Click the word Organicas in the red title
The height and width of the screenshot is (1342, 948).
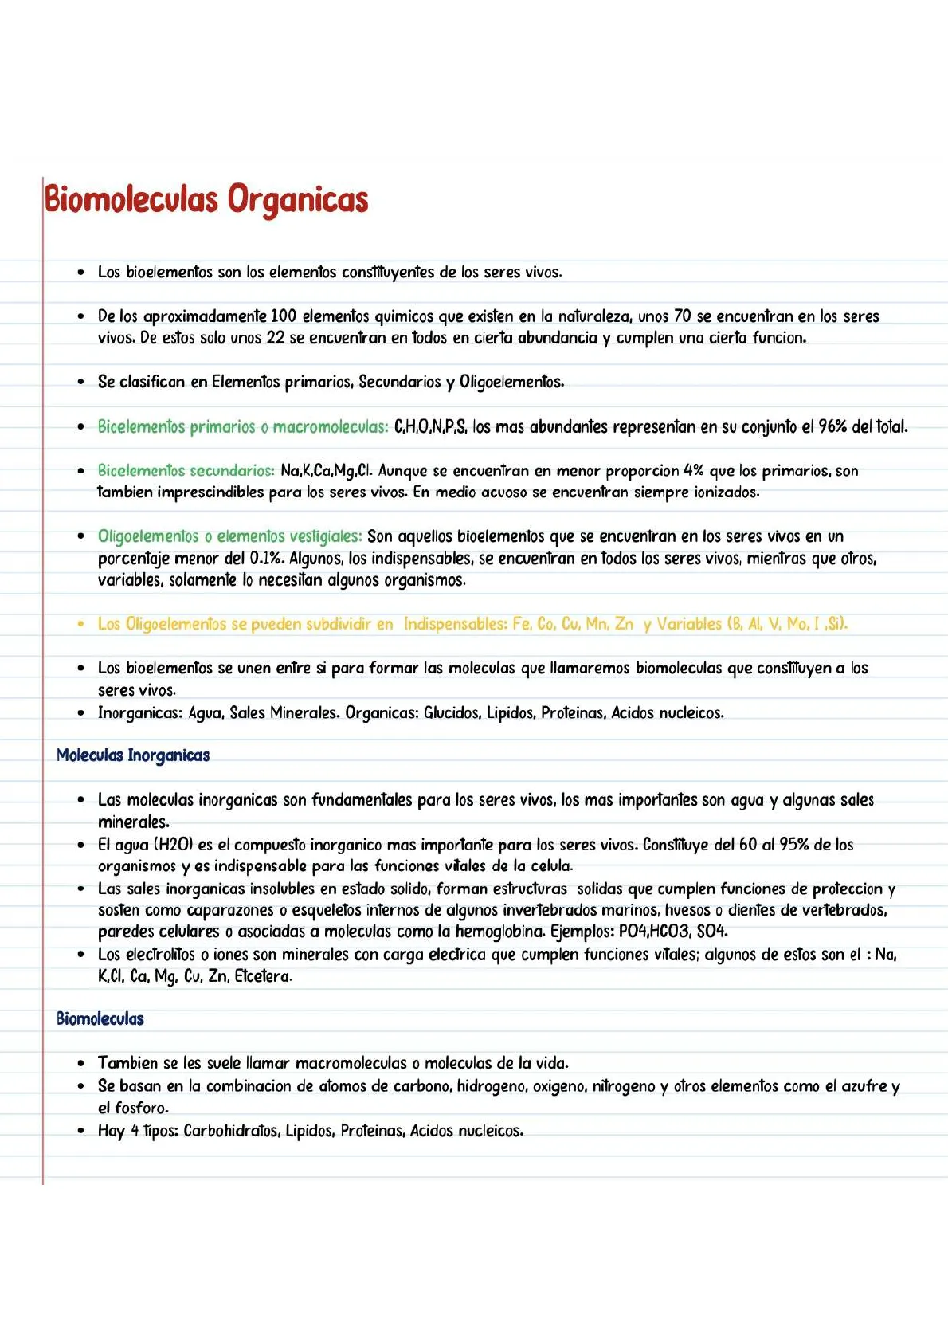pyautogui.click(x=298, y=199)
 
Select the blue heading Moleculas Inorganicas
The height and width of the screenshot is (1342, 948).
pyautogui.click(x=133, y=755)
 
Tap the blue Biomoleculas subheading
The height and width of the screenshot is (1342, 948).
pyautogui.click(x=100, y=1018)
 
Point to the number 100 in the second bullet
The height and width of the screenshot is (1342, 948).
pyautogui.click(x=284, y=316)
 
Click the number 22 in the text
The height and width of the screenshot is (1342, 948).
pyautogui.click(x=275, y=338)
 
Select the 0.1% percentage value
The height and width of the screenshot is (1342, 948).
pyautogui.click(x=267, y=559)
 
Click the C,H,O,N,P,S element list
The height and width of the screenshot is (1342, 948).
pyautogui.click(x=430, y=426)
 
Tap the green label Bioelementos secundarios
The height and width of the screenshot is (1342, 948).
pyautogui.click(x=186, y=470)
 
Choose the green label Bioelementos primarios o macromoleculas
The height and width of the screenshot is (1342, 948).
pyautogui.click(x=243, y=426)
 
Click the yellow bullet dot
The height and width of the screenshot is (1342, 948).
pyautogui.click(x=80, y=624)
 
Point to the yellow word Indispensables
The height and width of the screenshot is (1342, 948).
pyautogui.click(x=454, y=624)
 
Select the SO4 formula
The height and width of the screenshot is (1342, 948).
pyautogui.click(x=712, y=931)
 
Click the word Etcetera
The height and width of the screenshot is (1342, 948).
pyautogui.click(x=263, y=976)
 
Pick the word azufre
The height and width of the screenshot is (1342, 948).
pyautogui.click(x=865, y=1085)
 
